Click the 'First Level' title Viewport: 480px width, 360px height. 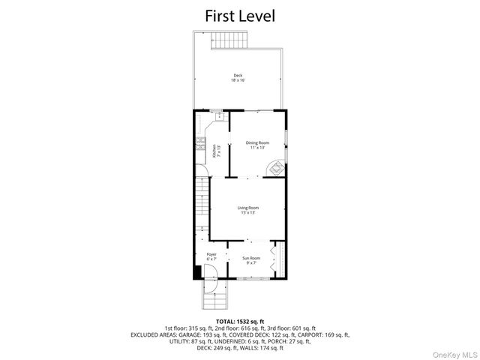tap(239, 15)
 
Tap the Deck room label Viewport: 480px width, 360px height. tap(238, 75)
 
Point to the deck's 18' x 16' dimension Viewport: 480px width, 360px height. tap(238, 79)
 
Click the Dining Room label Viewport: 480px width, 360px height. tap(257, 142)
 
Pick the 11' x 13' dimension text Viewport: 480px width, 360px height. tap(257, 148)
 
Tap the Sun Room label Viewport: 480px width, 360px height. tap(250, 259)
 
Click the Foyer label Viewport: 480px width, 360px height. tap(211, 254)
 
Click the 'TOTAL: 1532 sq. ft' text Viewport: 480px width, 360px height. tap(239, 320)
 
